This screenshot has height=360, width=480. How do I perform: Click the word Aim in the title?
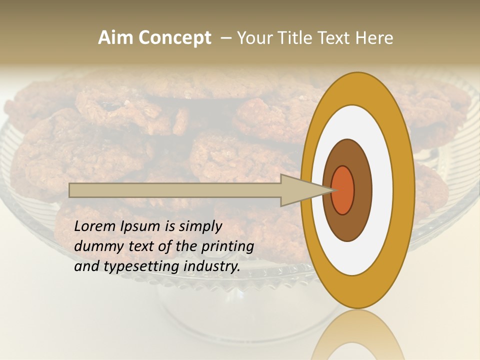click(x=116, y=38)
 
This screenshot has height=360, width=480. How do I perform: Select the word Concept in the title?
click(x=175, y=38)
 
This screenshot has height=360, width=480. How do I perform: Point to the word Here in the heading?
click(x=374, y=38)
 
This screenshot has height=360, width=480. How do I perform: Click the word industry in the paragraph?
click(x=212, y=266)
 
